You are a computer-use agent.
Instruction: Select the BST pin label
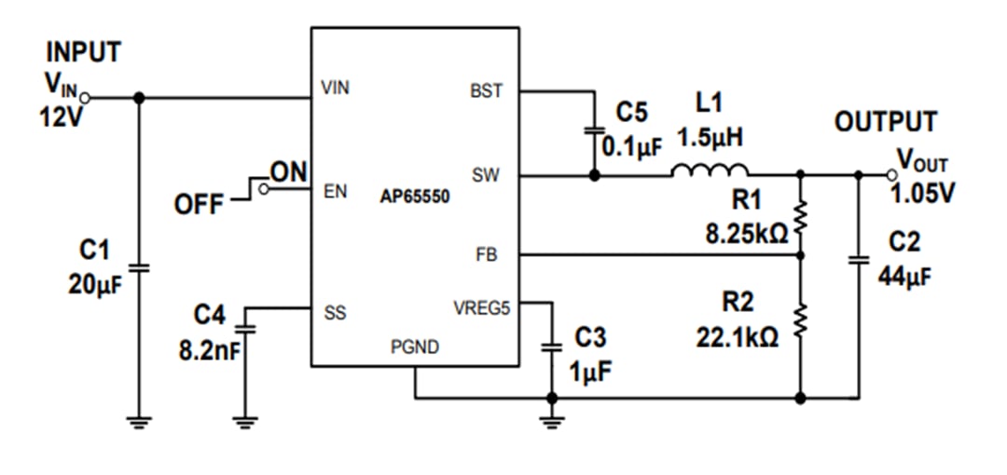[x=487, y=91]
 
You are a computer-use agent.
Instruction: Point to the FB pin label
[x=487, y=253]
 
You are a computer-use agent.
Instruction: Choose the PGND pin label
[x=415, y=348]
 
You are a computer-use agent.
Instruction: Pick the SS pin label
[x=335, y=314]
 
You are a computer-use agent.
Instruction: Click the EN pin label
[x=334, y=192]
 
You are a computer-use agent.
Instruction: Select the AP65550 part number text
[x=415, y=197]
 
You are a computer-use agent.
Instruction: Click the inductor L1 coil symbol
[x=710, y=170]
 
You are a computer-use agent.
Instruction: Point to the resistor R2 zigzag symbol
[x=799, y=320]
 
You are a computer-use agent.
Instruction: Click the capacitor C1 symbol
[x=139, y=267]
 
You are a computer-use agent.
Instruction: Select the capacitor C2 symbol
[x=859, y=260]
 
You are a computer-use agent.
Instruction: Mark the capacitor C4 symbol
[x=244, y=327]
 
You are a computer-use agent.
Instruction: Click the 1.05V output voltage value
[x=922, y=194]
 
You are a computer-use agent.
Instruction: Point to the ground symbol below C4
[x=244, y=421]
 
